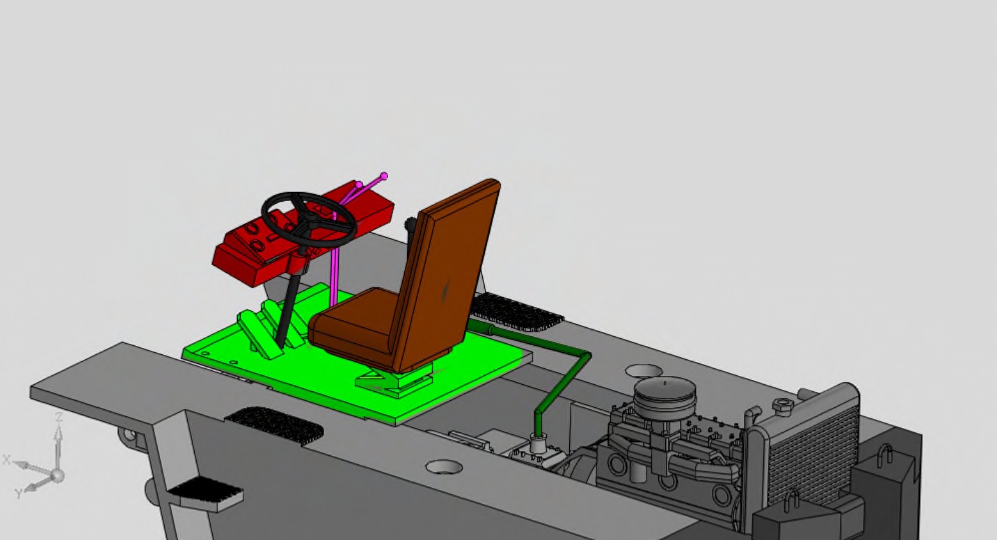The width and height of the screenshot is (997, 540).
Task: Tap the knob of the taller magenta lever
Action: click(x=384, y=176)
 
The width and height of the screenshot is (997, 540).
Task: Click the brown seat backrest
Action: click(x=450, y=276)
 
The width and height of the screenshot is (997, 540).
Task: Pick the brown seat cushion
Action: click(x=352, y=320)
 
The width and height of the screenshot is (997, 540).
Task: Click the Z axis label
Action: click(x=58, y=417)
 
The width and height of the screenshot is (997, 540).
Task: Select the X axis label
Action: click(x=6, y=459)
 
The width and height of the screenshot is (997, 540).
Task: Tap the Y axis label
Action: click(x=19, y=493)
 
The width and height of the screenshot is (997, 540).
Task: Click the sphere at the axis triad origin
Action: click(x=57, y=476)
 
